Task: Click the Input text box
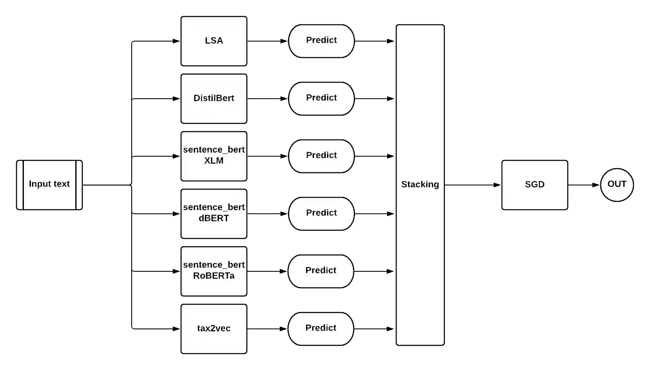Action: point(49,185)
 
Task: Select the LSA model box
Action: point(214,41)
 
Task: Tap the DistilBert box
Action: point(214,99)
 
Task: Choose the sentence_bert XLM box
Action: point(214,156)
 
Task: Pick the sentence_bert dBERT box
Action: point(214,214)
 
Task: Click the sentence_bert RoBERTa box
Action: point(214,271)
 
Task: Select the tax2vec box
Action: point(214,329)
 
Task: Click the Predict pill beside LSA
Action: point(321,41)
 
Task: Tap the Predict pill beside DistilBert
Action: point(321,99)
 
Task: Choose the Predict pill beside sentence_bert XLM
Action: point(321,156)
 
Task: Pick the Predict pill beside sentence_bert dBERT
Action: point(321,214)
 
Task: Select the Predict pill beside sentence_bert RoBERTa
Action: point(321,271)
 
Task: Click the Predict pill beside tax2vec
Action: point(321,329)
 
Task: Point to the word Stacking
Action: point(420,185)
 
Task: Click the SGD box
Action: point(535,185)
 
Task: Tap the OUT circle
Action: point(617,185)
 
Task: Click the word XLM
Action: point(214,161)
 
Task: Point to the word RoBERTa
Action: point(214,276)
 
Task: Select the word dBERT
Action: point(214,218)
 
